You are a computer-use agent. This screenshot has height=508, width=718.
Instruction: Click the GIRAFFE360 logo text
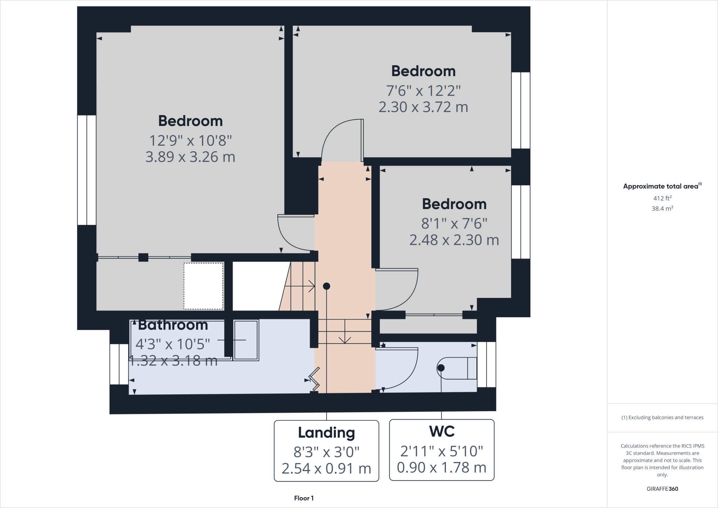click(662, 489)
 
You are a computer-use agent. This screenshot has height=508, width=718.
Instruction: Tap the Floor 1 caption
click(304, 498)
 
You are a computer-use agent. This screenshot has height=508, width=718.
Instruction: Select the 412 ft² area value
click(662, 198)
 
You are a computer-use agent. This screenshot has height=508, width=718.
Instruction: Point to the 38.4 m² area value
click(662, 208)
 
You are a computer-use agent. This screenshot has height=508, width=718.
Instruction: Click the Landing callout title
click(326, 433)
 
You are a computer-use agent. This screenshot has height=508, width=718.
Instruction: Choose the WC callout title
click(442, 431)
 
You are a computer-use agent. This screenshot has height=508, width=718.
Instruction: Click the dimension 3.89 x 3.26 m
click(190, 157)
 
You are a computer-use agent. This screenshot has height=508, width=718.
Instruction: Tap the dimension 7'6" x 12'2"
click(423, 91)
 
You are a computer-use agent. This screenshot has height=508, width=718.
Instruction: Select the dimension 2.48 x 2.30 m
click(454, 240)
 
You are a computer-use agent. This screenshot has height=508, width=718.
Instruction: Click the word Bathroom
click(173, 325)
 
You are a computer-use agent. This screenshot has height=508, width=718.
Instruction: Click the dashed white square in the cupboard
click(203, 286)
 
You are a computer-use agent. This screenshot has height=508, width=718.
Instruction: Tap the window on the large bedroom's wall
click(87, 170)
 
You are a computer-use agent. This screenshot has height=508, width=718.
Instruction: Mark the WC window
click(487, 365)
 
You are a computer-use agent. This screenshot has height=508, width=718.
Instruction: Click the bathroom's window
click(119, 364)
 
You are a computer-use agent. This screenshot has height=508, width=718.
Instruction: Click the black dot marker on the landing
click(326, 286)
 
